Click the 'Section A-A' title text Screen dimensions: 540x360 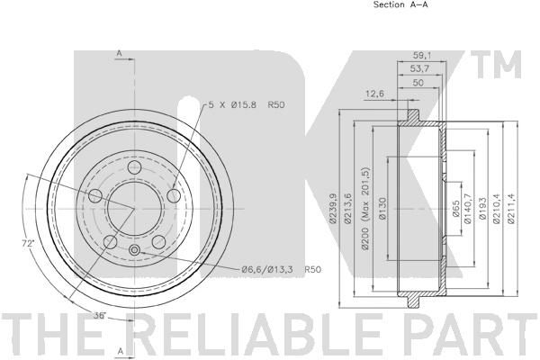400,4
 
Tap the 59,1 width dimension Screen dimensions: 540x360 422,55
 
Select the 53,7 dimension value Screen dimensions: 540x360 419,68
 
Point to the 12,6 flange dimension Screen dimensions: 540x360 374,93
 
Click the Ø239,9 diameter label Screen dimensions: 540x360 333,209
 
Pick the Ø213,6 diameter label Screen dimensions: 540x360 347,209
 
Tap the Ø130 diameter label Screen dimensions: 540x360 382,209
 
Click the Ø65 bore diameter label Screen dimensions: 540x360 455,209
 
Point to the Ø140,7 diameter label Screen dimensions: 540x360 467,209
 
